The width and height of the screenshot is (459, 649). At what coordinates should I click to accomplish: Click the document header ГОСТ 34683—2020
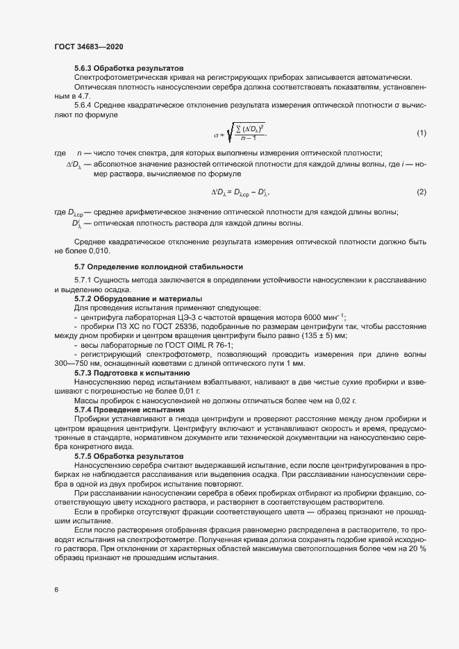pos(88,46)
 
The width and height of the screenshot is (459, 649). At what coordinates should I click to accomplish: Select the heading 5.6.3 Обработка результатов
pos(128,69)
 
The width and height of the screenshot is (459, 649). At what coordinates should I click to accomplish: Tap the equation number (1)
pos(421,133)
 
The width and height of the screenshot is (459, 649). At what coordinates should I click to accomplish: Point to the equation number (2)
pos(421,191)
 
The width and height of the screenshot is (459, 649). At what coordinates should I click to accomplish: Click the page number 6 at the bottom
pos(56,590)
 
